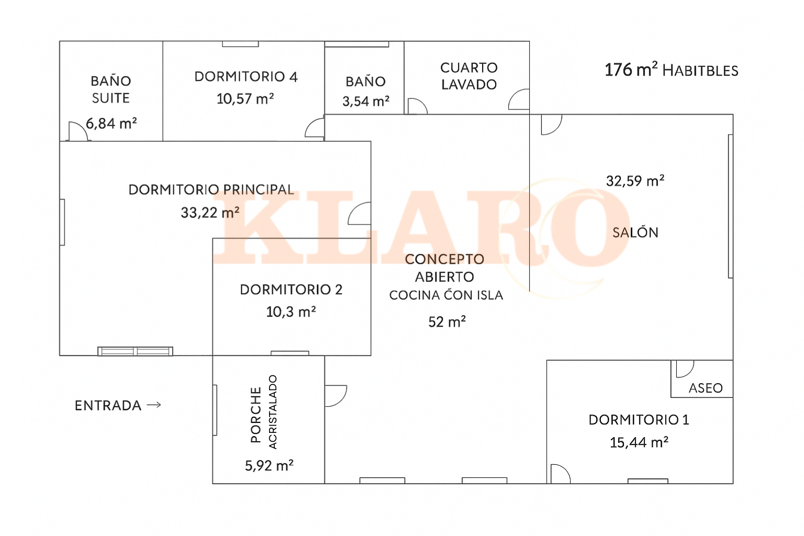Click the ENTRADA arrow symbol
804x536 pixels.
154,405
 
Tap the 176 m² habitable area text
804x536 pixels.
671,70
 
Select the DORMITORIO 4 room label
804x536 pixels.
246,76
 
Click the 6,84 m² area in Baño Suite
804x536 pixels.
111,123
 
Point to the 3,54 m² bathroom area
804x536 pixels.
366,101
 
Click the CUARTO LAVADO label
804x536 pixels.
469,76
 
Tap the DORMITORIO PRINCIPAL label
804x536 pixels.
211,189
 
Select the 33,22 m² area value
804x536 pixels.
210,213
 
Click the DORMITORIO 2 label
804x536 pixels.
291,289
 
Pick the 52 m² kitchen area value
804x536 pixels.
447,322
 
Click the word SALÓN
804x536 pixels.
635,232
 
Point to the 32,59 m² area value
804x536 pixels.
635,181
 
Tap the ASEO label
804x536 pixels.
705,388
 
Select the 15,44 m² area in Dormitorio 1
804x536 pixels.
639,442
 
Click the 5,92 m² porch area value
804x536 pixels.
269,465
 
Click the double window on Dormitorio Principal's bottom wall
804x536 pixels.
136,351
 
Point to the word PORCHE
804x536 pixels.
255,415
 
